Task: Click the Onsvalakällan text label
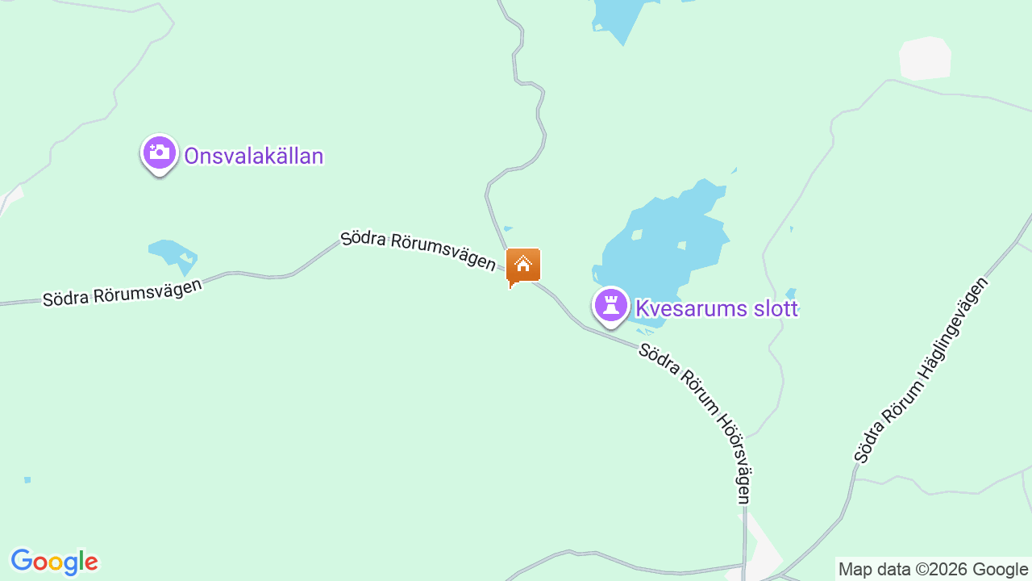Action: pyautogui.click(x=253, y=156)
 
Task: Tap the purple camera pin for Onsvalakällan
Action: pyautogui.click(x=160, y=153)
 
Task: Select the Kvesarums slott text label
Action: pyautogui.click(x=716, y=308)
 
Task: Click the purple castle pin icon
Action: pyautogui.click(x=611, y=306)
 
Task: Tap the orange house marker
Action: pyautogui.click(x=522, y=265)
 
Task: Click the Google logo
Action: pyautogui.click(x=54, y=562)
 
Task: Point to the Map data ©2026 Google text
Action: pyautogui.click(x=933, y=570)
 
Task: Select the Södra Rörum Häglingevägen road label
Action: pyautogui.click(x=921, y=371)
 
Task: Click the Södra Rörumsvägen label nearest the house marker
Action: pyautogui.click(x=418, y=250)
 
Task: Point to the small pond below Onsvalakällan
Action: pyautogui.click(x=171, y=252)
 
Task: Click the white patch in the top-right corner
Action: pyautogui.click(x=926, y=58)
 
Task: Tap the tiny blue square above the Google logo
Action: pyautogui.click(x=27, y=480)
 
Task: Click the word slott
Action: pyautogui.click(x=774, y=308)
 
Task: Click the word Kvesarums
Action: pyautogui.click(x=692, y=308)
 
